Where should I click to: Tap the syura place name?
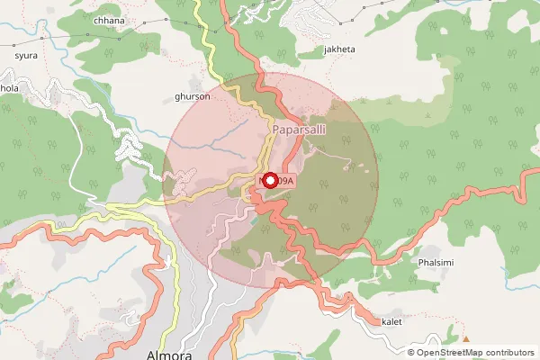point(26,55)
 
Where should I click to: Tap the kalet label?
point(391,321)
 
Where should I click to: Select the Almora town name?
point(168,355)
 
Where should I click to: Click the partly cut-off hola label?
point(9,89)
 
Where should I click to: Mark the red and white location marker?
point(269,180)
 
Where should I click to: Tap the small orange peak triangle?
point(466,339)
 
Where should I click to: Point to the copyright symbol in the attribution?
point(411,352)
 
